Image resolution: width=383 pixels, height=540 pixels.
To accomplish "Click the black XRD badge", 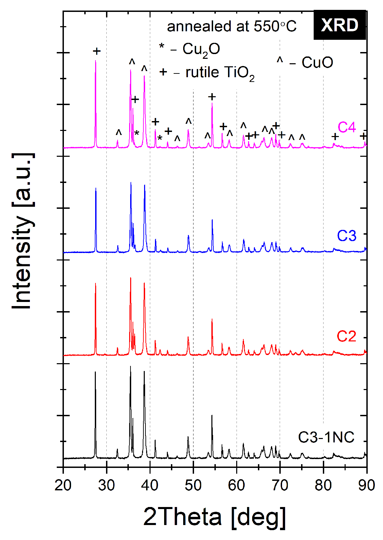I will tap(340, 25).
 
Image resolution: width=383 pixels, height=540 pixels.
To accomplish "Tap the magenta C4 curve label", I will tap(347, 128).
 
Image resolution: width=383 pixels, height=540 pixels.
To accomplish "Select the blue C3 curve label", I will tap(347, 236).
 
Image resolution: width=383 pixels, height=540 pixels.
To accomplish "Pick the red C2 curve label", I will tap(346, 336).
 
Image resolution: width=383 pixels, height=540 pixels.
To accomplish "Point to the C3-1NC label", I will tap(326, 437).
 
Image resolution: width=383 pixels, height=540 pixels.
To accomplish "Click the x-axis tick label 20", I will tap(63, 485).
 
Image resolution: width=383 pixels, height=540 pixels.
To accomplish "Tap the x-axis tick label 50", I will tap(193, 485).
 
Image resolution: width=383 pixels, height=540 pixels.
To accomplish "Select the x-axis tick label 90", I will tap(366, 485).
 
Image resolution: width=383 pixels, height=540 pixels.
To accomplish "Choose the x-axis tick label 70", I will tap(280, 485).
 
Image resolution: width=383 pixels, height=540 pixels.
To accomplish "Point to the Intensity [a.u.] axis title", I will tap(22, 231).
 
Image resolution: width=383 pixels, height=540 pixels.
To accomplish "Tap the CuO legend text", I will tap(317, 63).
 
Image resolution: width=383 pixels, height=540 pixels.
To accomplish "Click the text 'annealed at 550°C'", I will tap(232, 27).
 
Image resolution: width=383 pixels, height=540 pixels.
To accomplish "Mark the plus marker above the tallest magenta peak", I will tap(97, 51).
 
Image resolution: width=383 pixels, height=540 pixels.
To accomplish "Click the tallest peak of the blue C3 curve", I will tap(131, 183).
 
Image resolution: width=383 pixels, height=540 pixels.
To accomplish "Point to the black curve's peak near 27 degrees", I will tap(95, 372).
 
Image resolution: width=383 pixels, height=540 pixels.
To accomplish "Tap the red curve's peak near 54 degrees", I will tap(212, 319).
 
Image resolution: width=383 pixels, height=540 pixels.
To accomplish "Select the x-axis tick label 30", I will tap(107, 485).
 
